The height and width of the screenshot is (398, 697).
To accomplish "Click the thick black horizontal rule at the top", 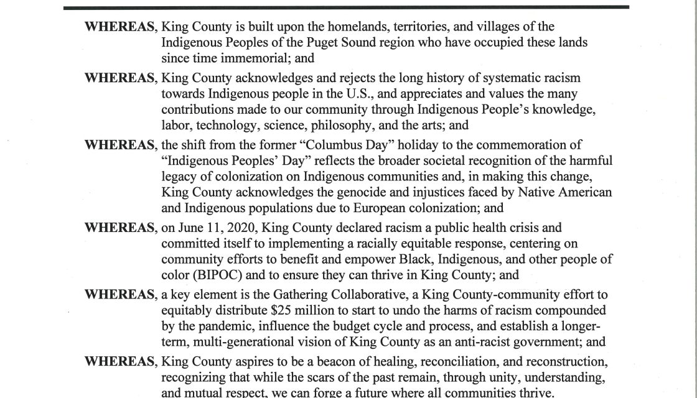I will tap(348, 6).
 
